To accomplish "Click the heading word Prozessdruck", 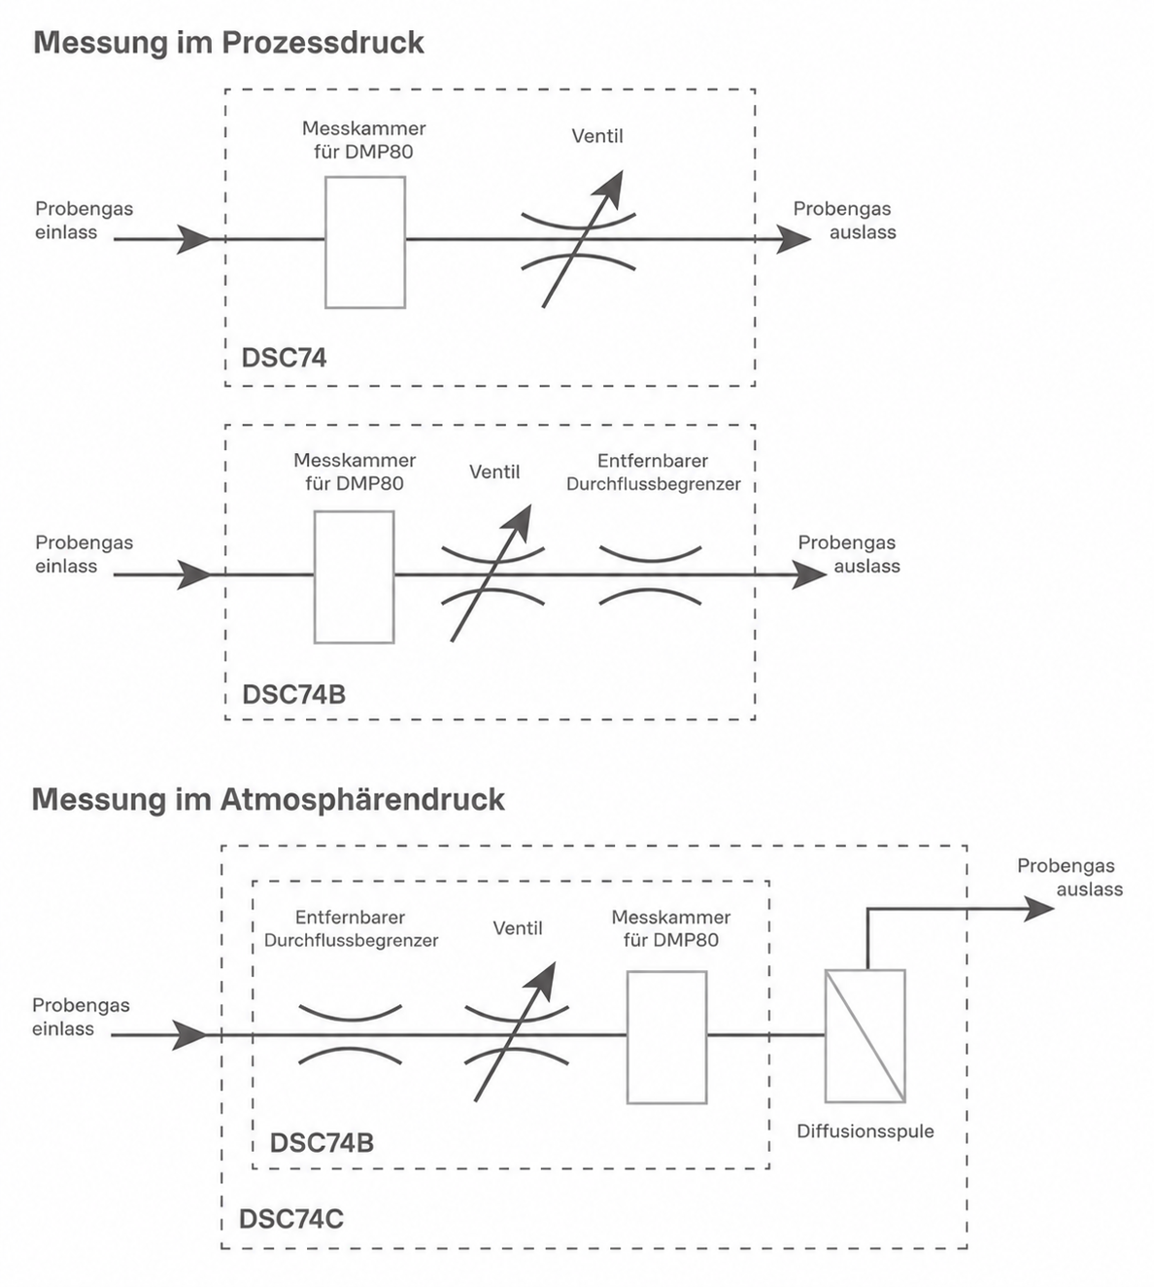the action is (x=322, y=43).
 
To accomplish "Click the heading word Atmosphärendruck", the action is (x=361, y=799).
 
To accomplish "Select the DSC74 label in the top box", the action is (x=284, y=358).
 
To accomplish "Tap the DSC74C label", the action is (x=290, y=1219).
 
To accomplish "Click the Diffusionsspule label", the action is (x=865, y=1131).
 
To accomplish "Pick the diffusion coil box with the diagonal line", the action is (x=865, y=1036).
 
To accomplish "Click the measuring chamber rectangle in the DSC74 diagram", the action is (x=365, y=242).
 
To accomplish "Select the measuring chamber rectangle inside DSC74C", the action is (x=666, y=1037).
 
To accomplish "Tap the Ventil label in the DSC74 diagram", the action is (x=597, y=136).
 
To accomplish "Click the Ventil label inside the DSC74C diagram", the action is (x=518, y=928).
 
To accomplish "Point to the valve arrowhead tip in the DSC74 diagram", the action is (x=622, y=170).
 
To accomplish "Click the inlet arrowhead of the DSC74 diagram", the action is (x=193, y=239).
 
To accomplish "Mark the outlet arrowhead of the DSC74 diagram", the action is (x=794, y=239).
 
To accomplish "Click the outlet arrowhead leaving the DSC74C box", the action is (x=1038, y=909).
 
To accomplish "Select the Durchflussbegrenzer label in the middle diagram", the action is (x=653, y=484).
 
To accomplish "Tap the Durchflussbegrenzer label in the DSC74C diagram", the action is (x=351, y=941).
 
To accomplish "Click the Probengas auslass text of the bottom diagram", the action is (x=1070, y=877).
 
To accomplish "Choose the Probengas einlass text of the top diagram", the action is (x=84, y=221).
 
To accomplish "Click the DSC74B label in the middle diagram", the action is (x=294, y=694).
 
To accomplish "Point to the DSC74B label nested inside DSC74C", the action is (x=322, y=1143).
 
